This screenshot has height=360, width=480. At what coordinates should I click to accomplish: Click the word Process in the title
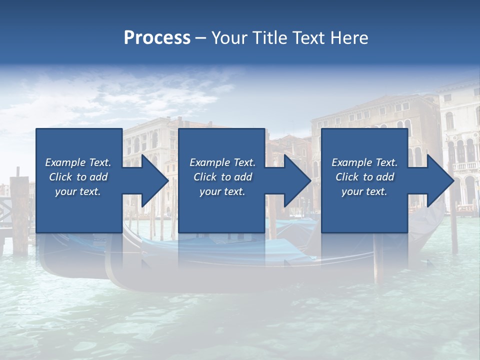pyautogui.click(x=157, y=38)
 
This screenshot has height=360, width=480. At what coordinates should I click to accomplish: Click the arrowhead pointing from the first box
pyautogui.click(x=150, y=180)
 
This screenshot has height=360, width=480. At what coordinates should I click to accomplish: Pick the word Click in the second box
pyautogui.click(x=205, y=177)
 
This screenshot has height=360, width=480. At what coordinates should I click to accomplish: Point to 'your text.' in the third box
pyautogui.click(x=364, y=191)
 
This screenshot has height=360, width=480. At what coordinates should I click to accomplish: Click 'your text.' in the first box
pyautogui.click(x=77, y=191)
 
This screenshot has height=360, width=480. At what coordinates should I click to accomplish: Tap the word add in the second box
pyautogui.click(x=242, y=177)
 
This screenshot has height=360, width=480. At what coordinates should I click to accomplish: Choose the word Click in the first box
pyautogui.click(x=60, y=177)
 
